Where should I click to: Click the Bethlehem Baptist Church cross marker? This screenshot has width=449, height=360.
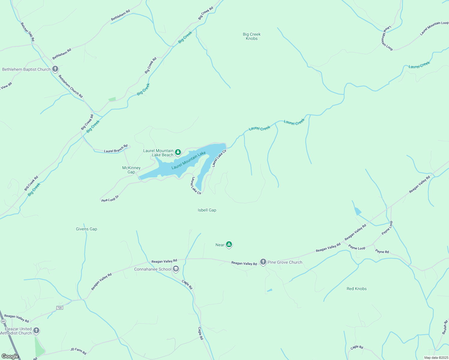(x=55, y=69)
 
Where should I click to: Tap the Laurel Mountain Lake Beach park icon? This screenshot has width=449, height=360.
(x=178, y=152)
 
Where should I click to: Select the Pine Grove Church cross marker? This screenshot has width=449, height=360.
(x=263, y=262)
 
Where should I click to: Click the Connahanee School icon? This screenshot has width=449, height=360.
(x=176, y=269)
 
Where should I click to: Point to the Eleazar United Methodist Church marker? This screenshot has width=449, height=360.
(x=36, y=331)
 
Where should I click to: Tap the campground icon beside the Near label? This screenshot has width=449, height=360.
(x=229, y=244)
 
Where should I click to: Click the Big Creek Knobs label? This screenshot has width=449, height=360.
(x=252, y=36)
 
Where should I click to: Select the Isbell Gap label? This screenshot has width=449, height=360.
(x=207, y=210)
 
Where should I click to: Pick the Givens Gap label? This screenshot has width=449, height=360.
(x=86, y=229)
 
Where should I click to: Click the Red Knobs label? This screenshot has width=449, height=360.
(x=357, y=289)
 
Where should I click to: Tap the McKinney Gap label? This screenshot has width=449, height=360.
(x=131, y=170)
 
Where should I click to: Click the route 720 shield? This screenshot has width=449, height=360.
(x=59, y=308)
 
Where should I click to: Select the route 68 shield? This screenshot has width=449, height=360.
(x=3, y=321)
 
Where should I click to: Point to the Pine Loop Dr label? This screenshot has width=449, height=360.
(x=110, y=199)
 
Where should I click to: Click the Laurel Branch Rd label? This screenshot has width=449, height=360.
(x=116, y=149)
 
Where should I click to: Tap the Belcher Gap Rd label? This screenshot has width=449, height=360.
(x=27, y=32)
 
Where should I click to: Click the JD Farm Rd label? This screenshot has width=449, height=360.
(x=78, y=351)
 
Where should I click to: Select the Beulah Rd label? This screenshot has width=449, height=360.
(x=445, y=327)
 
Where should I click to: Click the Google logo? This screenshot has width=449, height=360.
(x=10, y=356)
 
